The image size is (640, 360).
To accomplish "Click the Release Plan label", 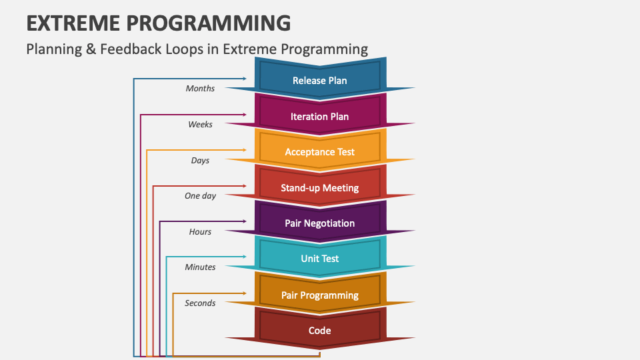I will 319,81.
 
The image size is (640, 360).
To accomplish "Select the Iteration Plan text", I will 319,117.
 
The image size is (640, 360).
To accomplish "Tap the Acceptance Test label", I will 319,152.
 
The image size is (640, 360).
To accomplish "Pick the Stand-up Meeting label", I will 319,188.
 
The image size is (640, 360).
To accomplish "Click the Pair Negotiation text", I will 319,223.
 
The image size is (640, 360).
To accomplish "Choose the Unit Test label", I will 319,259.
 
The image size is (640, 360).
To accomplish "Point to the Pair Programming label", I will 319,295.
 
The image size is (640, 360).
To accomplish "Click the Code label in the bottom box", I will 319,331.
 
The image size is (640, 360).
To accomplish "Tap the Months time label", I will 200,89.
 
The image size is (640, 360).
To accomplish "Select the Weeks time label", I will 200,125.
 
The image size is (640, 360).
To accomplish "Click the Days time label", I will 200,161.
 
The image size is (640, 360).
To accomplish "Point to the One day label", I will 200,196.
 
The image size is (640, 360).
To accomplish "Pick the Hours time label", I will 200,232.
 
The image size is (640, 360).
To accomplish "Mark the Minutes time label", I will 200,267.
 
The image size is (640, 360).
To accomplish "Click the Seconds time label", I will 200,303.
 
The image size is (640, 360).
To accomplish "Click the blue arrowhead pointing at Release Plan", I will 243,79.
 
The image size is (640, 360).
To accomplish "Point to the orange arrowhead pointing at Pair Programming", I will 243,293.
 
